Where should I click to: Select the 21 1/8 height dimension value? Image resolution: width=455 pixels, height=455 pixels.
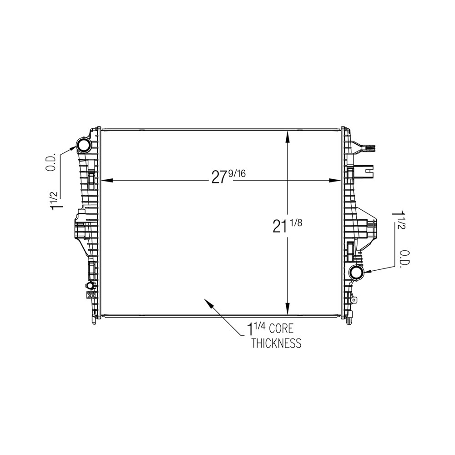(x=287, y=226)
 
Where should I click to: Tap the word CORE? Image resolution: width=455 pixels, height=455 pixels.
(x=281, y=329)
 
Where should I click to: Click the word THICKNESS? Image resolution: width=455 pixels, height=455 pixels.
(x=276, y=343)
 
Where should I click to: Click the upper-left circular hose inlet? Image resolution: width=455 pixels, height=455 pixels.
(x=84, y=146)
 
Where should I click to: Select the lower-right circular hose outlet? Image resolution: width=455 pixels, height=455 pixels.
(x=357, y=272)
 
